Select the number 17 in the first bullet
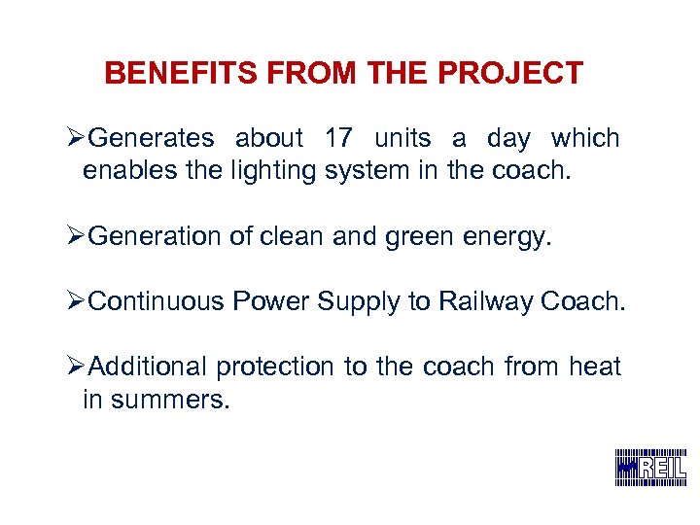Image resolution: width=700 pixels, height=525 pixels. click(337, 139)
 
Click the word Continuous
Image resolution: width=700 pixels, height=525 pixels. click(157, 302)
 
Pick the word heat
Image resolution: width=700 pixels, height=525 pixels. click(595, 367)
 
